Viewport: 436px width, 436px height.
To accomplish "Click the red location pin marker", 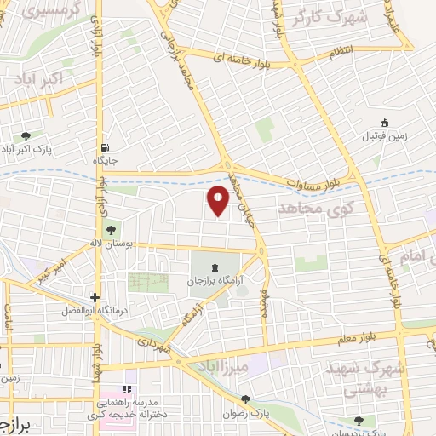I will click(x=219, y=199).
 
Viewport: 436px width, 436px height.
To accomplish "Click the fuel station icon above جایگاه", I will click(x=105, y=146).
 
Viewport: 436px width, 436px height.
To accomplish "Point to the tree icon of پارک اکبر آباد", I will click(x=26, y=135).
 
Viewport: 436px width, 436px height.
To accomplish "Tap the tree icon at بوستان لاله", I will click(x=110, y=229).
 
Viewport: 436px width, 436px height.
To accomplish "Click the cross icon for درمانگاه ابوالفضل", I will click(x=95, y=298).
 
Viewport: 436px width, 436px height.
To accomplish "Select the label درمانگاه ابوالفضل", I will click(x=89, y=312).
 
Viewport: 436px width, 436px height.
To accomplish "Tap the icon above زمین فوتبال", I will click(x=384, y=123).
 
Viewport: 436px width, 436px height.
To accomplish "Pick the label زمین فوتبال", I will click(x=386, y=136).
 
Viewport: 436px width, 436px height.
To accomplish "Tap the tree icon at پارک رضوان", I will click(x=244, y=399).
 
